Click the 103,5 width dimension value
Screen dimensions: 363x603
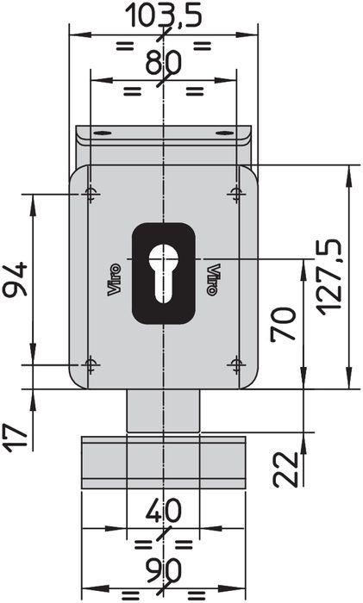click(x=165, y=15)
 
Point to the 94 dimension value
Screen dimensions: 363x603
click(x=15, y=279)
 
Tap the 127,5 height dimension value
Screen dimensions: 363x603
click(x=329, y=277)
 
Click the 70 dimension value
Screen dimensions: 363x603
click(x=284, y=324)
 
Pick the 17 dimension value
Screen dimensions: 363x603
click(x=16, y=438)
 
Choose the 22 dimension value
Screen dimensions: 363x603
click(x=286, y=469)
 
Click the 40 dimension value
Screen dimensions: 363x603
click(x=163, y=512)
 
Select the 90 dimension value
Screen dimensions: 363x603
click(x=164, y=570)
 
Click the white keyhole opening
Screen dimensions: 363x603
click(x=164, y=273)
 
